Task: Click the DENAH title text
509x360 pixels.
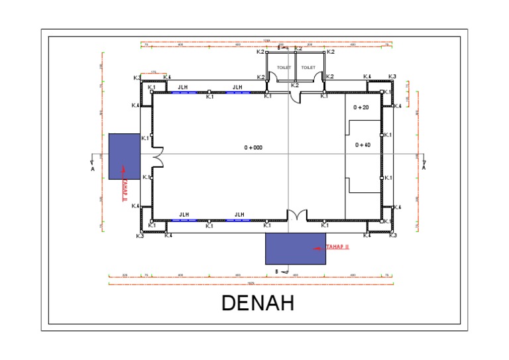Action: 257,303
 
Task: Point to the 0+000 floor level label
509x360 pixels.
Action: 253,147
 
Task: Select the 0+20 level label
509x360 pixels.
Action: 361,107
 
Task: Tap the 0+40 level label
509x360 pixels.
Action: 363,145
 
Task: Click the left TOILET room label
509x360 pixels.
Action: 284,68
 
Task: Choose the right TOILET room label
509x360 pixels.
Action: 308,68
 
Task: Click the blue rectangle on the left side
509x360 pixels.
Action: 125,156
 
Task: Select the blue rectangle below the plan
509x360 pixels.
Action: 296,249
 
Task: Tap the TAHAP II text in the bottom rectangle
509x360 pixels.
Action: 337,247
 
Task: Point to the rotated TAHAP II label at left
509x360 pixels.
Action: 124,190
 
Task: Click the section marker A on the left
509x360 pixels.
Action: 92,168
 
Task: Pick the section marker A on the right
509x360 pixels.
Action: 424,168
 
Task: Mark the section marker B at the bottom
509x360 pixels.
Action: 276,271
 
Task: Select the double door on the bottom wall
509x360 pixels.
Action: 296,216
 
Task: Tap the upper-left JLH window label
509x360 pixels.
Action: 182,87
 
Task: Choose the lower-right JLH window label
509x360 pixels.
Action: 239,215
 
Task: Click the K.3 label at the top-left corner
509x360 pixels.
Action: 137,78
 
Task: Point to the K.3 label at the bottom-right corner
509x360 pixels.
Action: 392,235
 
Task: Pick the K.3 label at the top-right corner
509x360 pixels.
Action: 392,77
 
